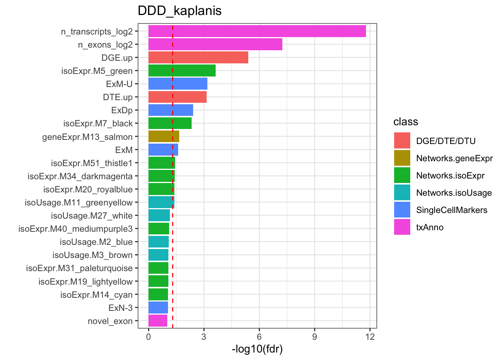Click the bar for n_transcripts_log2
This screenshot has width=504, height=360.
pyautogui.click(x=257, y=31)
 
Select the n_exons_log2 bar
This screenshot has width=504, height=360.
pyautogui.click(x=215, y=45)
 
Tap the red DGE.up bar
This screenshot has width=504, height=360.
pyautogui.click(x=198, y=58)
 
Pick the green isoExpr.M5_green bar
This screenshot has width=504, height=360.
pyautogui.click(x=182, y=71)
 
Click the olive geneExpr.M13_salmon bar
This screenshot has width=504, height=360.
pyautogui.click(x=163, y=136)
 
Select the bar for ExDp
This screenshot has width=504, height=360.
pyautogui.click(x=171, y=110)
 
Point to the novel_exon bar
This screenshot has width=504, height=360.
pyautogui.click(x=158, y=321)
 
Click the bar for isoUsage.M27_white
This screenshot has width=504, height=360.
pyautogui.click(x=159, y=216)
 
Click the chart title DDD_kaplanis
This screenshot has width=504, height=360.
pyautogui.click(x=180, y=10)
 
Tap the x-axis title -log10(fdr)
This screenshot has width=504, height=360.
pyautogui.click(x=257, y=349)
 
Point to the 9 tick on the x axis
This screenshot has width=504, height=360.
pyautogui.click(x=315, y=337)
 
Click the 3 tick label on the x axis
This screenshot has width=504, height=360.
pyautogui.click(x=204, y=337)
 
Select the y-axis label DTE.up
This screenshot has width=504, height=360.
pyautogui.click(x=118, y=97)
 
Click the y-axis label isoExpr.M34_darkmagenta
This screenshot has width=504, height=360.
pyautogui.click(x=80, y=176)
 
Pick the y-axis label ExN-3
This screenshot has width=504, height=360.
pyautogui.click(x=120, y=308)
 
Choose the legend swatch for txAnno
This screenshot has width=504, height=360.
pyautogui.click(x=402, y=227)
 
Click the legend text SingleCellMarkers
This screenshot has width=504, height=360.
pyautogui.click(x=451, y=210)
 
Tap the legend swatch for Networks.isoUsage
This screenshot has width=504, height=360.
pyautogui.click(x=402, y=193)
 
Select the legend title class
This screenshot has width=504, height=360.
pyautogui.click(x=405, y=122)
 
